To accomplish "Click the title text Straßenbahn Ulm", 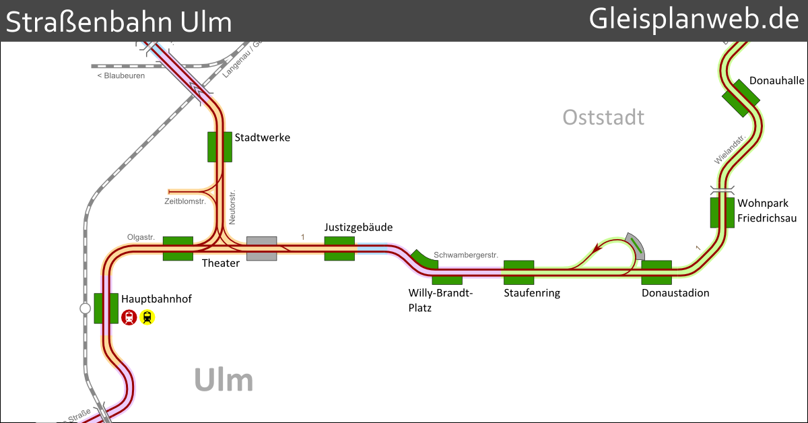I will coord(119,22).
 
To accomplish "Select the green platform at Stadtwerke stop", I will coord(220,147).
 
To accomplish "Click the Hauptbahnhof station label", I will coord(156,298).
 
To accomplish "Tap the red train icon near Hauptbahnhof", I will coord(129,317).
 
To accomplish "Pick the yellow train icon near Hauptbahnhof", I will coord(147,317).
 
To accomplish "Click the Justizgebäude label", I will coord(358,227).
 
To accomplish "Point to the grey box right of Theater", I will coord(261,249).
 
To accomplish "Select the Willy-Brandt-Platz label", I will coord(441,300).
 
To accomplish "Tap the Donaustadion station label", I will coord(675,293).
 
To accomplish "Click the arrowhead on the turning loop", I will coord(595,251).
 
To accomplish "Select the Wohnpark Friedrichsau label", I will coord(767,211).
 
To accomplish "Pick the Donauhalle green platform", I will coord(741,98).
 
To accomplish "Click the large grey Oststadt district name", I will coord(603,117).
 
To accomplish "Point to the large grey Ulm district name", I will coord(224,381).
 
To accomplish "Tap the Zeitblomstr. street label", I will coord(185,201).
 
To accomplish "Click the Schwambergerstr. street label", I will coord(466,255).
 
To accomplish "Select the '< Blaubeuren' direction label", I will coord(121,76).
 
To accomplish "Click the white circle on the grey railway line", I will coord(85,308).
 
